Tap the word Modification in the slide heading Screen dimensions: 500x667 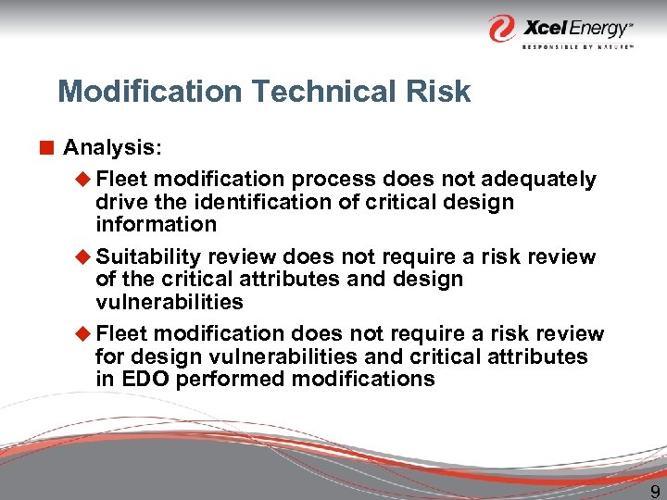tap(139, 92)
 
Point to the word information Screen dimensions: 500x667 tap(156, 224)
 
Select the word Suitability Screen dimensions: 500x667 tap(149, 256)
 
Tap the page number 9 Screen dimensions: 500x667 tap(654, 493)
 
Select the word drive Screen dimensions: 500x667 tap(120, 202)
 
